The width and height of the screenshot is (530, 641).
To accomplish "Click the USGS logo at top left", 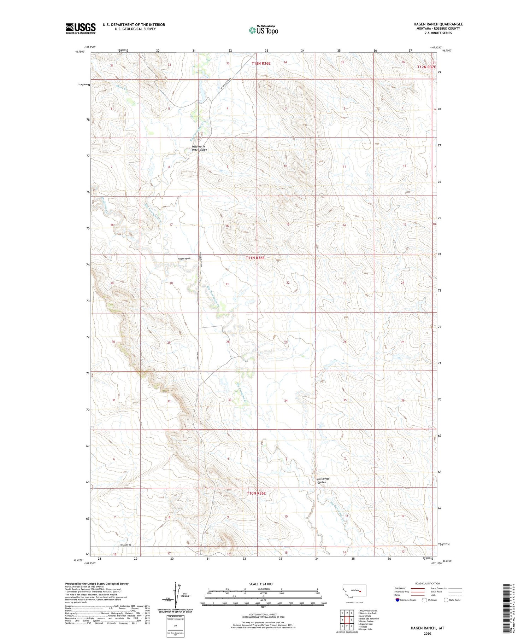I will (81, 28).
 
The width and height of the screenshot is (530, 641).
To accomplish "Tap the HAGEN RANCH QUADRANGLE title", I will (438, 24).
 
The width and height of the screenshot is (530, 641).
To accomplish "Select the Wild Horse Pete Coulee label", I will (199, 148).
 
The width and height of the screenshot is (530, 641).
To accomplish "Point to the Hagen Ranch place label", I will (184, 258).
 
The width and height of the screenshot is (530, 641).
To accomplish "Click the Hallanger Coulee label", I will (323, 480).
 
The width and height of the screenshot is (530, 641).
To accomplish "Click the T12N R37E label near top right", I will (426, 67).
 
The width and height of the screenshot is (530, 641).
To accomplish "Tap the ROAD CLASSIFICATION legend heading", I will (427, 583).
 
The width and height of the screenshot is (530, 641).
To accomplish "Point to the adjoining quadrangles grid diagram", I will (347, 618).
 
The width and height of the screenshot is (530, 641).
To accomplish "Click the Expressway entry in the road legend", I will (401, 588).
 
